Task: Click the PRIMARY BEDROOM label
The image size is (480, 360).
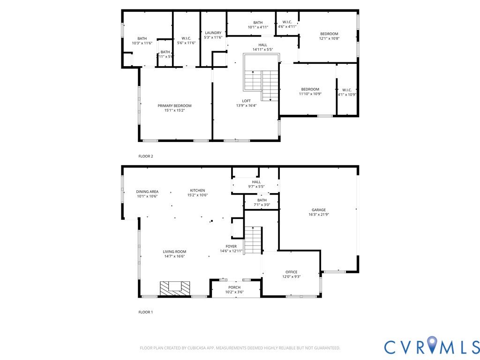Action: [174, 106]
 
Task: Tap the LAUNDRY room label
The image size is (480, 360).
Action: [213, 33]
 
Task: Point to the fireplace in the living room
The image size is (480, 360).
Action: [175, 288]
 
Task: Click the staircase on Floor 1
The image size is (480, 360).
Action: [253, 240]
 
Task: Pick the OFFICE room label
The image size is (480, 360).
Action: [291, 272]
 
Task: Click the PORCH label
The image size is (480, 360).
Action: [234, 287]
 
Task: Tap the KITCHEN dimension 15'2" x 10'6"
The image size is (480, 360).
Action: [197, 195]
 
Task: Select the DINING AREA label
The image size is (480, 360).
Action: [147, 192]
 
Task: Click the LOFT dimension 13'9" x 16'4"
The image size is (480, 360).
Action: [246, 106]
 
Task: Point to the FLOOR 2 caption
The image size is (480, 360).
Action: [146, 156]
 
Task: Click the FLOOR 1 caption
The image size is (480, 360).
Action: [146, 312]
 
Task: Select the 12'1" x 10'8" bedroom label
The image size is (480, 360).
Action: [329, 34]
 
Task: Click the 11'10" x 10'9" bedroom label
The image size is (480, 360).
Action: [310, 90]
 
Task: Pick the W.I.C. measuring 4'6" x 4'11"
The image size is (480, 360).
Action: [287, 22]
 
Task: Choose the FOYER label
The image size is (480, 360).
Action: [231, 246]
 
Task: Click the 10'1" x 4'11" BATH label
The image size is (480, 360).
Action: [258, 22]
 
